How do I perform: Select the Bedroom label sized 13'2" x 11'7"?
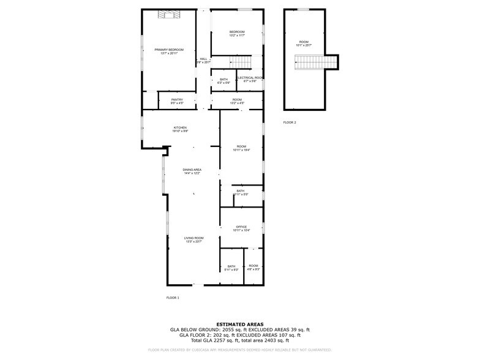point(237,32)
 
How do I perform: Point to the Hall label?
point(203,59)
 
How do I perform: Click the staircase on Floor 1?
point(241,62)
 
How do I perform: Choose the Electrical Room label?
point(250,78)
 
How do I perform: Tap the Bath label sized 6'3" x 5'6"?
point(224,79)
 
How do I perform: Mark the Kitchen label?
point(180,128)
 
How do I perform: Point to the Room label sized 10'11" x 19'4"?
point(241,147)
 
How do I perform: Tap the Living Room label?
point(195,238)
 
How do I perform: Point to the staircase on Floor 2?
point(316,62)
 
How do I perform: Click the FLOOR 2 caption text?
point(290,122)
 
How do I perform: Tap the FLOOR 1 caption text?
point(173,298)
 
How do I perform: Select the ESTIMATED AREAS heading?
point(240,324)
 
